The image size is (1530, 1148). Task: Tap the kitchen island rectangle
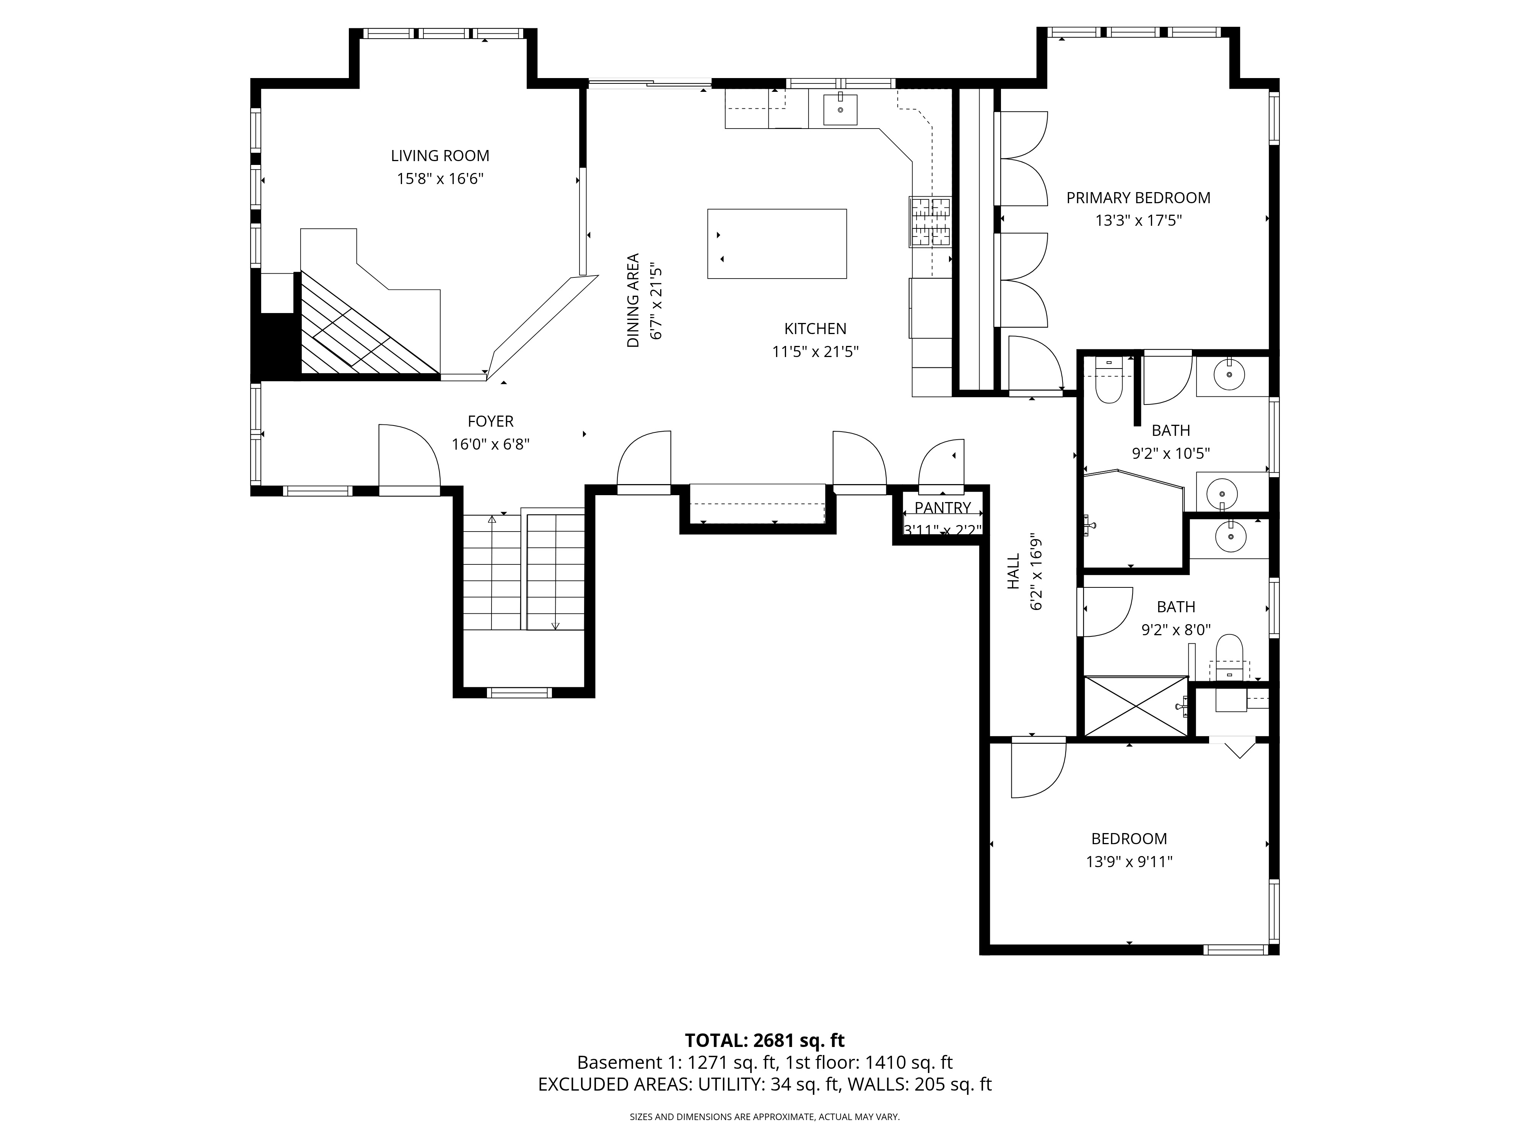(x=777, y=244)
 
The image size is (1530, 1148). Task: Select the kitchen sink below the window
(x=840, y=109)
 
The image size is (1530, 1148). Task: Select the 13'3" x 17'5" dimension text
(x=1138, y=221)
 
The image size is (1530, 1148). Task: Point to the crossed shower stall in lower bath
(x=1135, y=706)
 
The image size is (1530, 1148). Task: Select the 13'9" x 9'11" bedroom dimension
(x=1129, y=861)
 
